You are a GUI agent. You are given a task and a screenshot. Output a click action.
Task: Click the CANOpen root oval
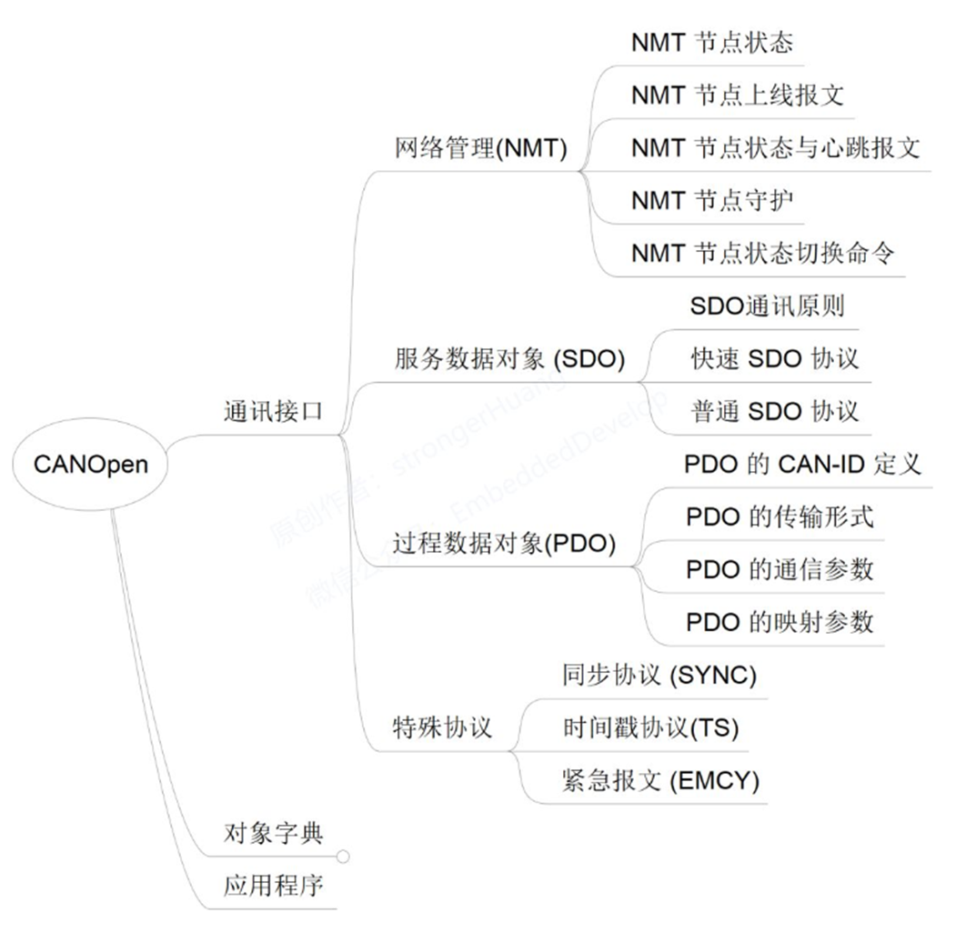coord(90,464)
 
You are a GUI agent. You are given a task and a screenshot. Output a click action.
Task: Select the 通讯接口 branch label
coord(273,411)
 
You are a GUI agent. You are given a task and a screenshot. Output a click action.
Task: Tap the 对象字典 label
coord(273,833)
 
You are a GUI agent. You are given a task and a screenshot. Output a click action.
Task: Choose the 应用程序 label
coord(273,886)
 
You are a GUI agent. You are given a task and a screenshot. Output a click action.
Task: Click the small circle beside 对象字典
coord(343,856)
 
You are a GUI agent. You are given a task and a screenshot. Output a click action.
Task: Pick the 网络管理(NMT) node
coord(481,148)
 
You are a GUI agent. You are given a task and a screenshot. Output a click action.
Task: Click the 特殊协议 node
coord(441,727)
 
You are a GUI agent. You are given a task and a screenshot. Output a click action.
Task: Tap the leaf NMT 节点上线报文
coord(738,95)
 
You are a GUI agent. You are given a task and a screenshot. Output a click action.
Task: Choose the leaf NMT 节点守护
coord(712,200)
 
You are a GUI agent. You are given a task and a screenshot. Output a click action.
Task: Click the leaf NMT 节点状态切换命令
coord(762,253)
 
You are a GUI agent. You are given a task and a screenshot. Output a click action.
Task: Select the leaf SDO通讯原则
coord(767,306)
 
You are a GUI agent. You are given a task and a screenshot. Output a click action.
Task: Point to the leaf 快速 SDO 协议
coord(774,358)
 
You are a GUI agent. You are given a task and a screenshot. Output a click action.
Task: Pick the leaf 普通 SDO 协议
coord(774,411)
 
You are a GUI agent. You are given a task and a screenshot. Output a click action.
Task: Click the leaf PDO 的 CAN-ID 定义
coord(802,464)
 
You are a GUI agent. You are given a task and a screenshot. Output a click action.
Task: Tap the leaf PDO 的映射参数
coord(780,622)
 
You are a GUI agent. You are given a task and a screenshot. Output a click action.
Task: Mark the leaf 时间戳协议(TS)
coord(650,727)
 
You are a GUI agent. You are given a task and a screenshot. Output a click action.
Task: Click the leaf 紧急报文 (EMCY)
coord(660,780)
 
